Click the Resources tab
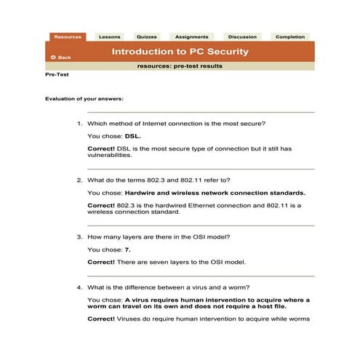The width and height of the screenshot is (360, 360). [x=67, y=36]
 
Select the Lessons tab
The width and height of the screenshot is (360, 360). [x=110, y=36]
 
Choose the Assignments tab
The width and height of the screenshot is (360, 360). [x=191, y=36]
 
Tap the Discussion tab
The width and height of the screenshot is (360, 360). [x=241, y=36]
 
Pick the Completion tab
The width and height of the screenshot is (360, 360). [x=290, y=36]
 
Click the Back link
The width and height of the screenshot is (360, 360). [x=61, y=57]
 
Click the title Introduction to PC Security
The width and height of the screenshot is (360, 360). [x=180, y=52]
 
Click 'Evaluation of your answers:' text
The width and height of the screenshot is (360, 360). [x=84, y=98]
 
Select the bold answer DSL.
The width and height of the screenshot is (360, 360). [x=132, y=136]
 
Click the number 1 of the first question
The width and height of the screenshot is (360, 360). [x=79, y=124]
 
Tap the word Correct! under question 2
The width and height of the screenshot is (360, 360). [x=101, y=205]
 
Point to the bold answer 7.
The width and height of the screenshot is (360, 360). [x=128, y=249]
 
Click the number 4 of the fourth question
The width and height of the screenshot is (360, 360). [x=79, y=287]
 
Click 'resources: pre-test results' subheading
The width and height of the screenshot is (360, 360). [x=180, y=66]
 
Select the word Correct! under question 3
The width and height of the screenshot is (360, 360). [x=101, y=261]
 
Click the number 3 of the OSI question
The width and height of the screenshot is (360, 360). [x=79, y=237]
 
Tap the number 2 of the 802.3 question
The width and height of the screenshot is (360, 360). [x=79, y=180]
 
